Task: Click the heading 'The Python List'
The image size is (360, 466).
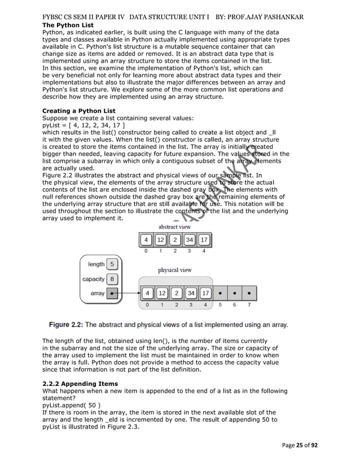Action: point(68,25)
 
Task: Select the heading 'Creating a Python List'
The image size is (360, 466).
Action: point(79,111)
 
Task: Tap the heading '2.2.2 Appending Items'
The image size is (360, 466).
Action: point(80,384)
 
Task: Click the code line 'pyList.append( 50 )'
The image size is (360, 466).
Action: point(72,405)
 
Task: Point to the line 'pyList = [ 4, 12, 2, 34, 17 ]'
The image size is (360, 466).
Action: point(84,125)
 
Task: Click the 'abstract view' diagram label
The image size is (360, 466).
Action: point(174,227)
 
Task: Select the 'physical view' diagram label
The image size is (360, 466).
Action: point(174,270)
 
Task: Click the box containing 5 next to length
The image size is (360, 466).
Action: point(112,264)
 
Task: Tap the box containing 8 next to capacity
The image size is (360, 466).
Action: point(112,279)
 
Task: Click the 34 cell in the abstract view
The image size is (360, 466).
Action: point(190,240)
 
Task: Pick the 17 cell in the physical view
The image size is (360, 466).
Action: point(205,293)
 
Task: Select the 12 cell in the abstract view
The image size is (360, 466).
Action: point(161,240)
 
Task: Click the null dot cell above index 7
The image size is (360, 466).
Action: point(249,293)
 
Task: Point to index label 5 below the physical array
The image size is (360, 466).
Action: point(220,305)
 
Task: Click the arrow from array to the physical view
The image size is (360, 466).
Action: point(127,293)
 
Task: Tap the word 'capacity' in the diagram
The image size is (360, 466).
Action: point(93,279)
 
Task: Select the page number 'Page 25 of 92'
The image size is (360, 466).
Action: point(300,445)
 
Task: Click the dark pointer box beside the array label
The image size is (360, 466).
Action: point(112,293)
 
